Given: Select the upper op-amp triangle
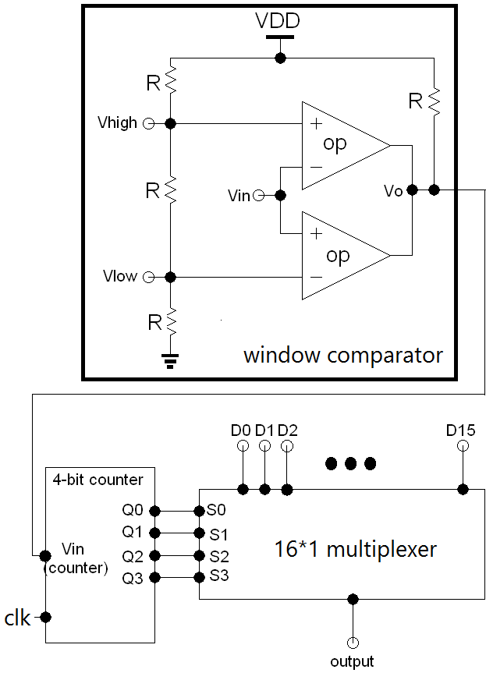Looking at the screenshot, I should click(340, 145).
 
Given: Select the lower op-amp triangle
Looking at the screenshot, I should click(340, 255).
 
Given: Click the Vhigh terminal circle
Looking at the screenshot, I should click(147, 123).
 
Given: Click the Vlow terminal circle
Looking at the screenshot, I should click(147, 276).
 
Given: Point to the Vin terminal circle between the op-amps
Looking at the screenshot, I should click(258, 195).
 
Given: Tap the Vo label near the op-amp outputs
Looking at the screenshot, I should click(393, 191).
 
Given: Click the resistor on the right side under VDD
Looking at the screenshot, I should click(435, 100).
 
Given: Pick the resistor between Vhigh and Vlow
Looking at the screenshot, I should click(171, 190).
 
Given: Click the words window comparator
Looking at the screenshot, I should click(343, 356).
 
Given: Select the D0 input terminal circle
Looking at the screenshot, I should click(243, 446).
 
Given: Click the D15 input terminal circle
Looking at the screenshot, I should click(463, 446).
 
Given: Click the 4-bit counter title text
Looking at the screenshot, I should click(98, 480).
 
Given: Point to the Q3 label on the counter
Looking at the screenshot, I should click(133, 579).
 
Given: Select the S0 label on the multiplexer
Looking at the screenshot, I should click(215, 512).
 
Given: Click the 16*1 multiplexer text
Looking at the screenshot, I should click(355, 549).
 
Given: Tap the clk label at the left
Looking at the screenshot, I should click(18, 618).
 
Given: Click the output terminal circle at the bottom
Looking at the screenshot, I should click(353, 643).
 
